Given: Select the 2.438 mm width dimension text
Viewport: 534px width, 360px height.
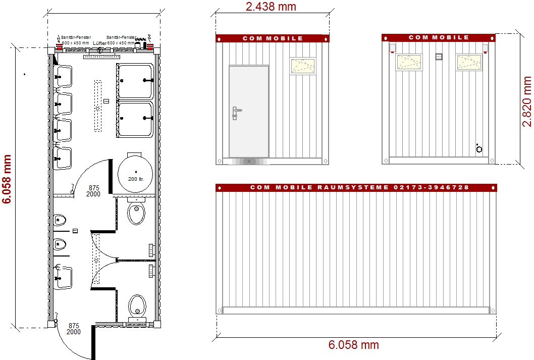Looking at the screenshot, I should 271,7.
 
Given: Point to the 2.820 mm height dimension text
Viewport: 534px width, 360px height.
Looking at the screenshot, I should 527,101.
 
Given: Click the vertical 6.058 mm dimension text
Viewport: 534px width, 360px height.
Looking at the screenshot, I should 7,179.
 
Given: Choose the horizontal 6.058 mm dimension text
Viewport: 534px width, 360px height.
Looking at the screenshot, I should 353,345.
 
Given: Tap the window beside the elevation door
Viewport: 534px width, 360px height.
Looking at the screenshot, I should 302,66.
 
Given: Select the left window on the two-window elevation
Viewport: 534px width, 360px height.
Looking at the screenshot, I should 409,62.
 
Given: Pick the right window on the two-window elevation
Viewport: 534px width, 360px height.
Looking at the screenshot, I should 469,62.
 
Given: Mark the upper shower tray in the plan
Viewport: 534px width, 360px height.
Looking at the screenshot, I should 135,81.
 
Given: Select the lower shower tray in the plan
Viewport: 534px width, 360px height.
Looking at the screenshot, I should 135,119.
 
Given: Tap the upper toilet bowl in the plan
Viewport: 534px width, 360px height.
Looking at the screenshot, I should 136,214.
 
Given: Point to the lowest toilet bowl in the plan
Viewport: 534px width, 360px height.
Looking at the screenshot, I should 136,305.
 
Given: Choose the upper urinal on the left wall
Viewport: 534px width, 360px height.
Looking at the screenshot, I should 60,220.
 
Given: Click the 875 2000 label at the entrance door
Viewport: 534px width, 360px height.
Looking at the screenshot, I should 73,329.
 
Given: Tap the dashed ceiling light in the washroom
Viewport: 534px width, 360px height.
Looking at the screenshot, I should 98,106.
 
